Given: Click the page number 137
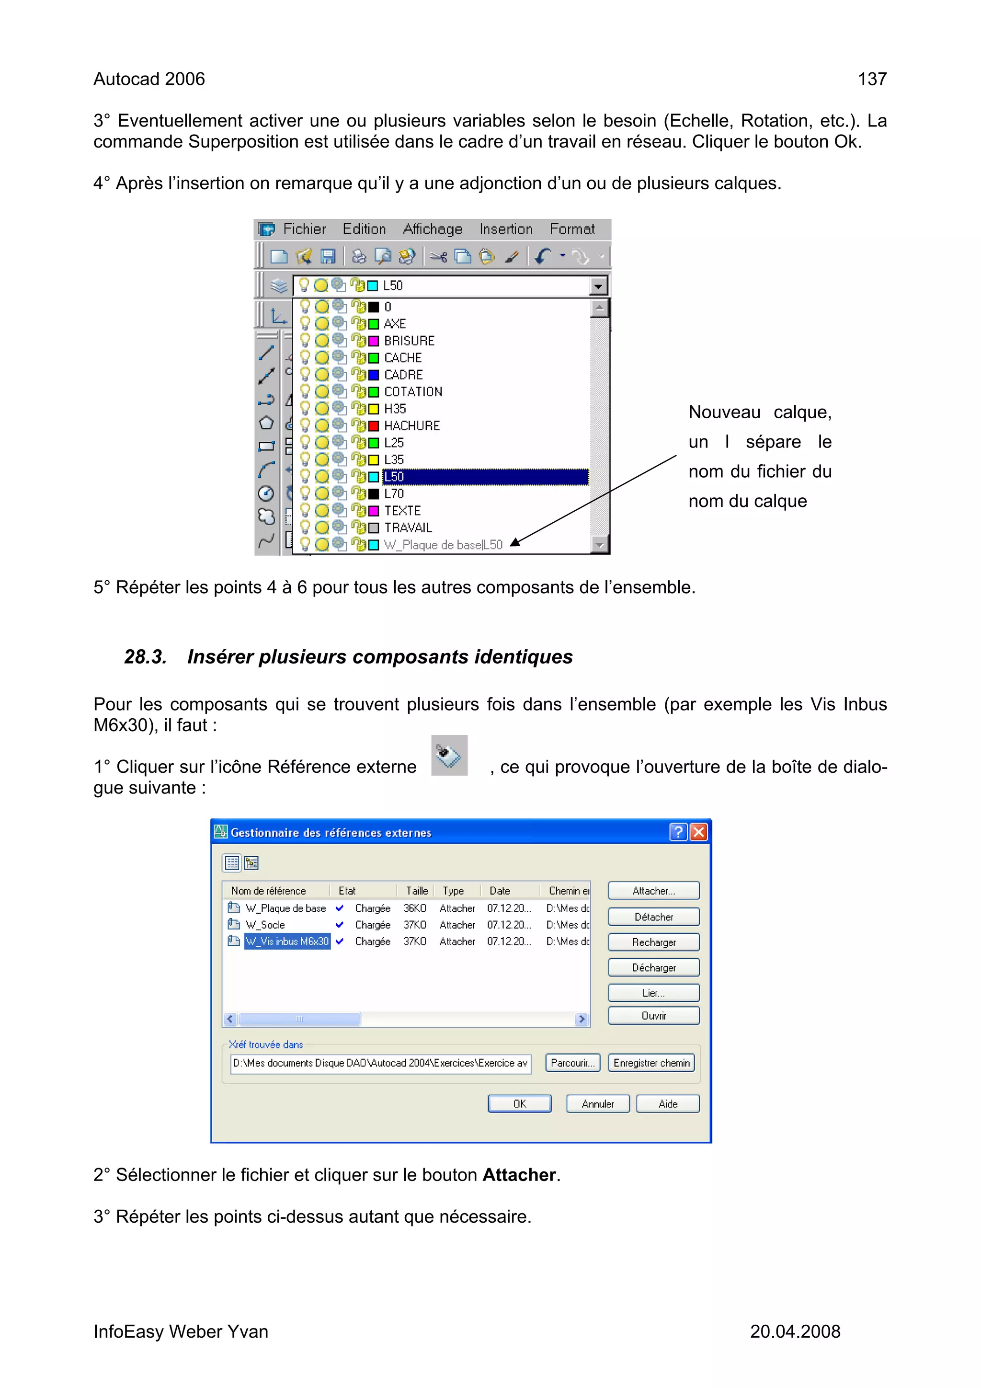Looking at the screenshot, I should point(872,79).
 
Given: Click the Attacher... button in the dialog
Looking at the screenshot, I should point(653,891).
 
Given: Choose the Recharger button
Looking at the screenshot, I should point(653,942).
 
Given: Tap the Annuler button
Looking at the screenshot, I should point(597,1103).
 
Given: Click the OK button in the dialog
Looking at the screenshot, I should point(519,1103).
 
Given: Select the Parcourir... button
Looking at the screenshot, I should point(572,1062).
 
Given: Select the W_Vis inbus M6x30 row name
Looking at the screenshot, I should point(287,941).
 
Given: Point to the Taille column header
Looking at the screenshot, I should point(416,891).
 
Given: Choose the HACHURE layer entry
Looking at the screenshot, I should point(411,425).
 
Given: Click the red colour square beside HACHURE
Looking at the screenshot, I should point(374,425).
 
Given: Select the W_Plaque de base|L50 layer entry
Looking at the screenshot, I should point(443,545).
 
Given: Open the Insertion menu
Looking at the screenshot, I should point(505,229).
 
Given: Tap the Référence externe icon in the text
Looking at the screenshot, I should point(449,755).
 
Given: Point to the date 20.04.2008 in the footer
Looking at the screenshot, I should point(795,1331).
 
